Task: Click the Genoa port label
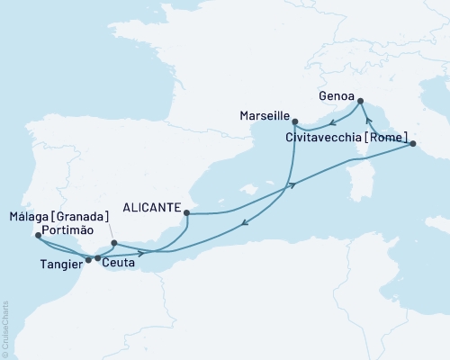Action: (337, 94)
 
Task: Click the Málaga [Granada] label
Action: (58, 216)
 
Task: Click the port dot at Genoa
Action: (360, 101)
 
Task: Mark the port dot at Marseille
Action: (295, 121)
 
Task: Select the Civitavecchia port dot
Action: (411, 144)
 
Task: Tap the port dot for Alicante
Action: (186, 213)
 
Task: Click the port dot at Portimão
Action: (37, 236)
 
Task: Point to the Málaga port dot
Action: (113, 243)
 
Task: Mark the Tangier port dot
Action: (88, 260)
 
